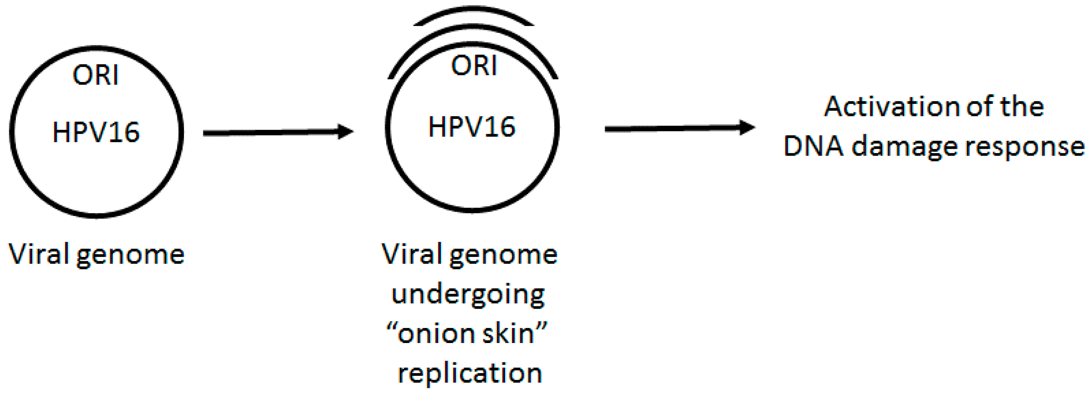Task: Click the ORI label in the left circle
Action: coord(95,76)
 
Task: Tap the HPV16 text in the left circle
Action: coord(96,132)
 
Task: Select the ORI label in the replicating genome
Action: coord(473,66)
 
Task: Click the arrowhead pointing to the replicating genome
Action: coord(345,132)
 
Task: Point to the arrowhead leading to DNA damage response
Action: coord(747,127)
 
